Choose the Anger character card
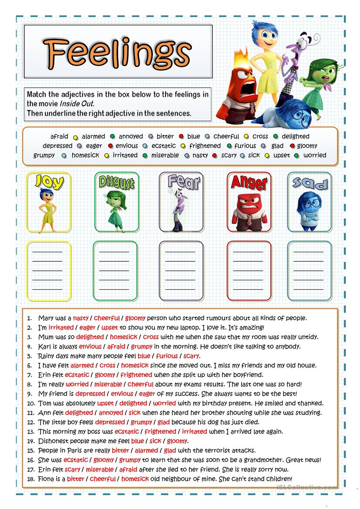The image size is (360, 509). [249, 202]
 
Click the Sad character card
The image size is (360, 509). [309, 202]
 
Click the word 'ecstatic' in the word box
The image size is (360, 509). [164, 146]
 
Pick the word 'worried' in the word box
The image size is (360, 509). [315, 155]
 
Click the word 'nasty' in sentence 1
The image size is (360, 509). [81, 318]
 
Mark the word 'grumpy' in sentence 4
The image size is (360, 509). [142, 347]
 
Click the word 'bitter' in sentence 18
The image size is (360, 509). [75, 479]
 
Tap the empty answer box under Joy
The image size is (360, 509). [47, 271]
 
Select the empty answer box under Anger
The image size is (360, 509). [249, 271]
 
